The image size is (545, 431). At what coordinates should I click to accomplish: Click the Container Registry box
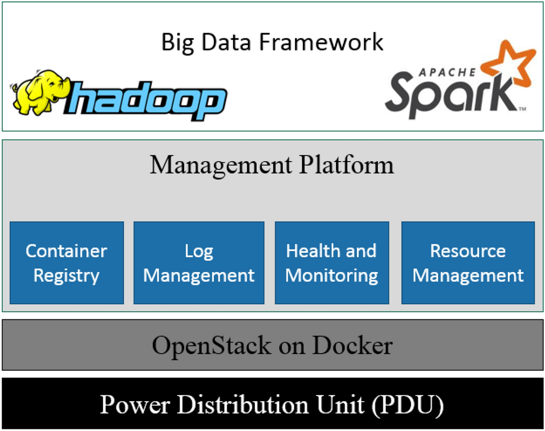66,263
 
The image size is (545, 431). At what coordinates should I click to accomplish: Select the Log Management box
199,263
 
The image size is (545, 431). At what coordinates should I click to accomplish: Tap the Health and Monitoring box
332,263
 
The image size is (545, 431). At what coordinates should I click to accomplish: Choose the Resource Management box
468,263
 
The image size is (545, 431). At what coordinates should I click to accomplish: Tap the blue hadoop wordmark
149,101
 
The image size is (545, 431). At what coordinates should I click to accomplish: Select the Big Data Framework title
272,42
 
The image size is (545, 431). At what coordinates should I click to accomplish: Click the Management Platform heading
272,165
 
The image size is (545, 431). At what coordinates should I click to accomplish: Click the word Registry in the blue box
66,276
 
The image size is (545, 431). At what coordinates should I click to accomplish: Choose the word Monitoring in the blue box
332,276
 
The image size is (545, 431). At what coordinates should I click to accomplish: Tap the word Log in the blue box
199,251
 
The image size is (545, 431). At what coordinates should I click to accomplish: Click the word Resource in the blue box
468,251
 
